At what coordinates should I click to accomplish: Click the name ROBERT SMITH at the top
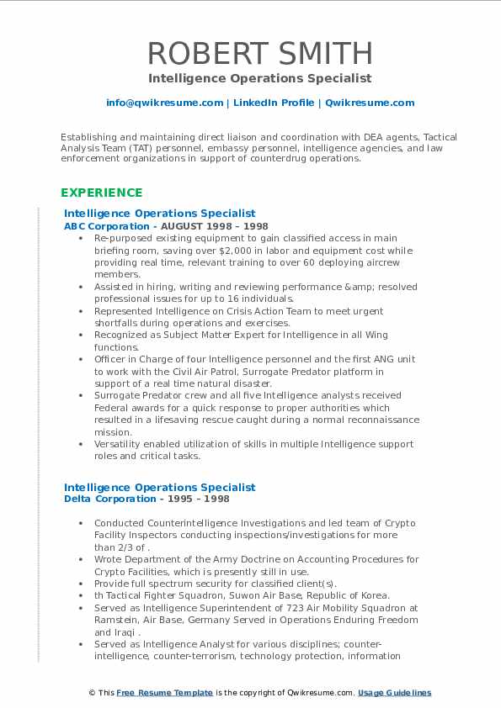coord(260,54)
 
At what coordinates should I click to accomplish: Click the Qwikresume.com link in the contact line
coord(370,103)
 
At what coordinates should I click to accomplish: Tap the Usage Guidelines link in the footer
coord(395,693)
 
